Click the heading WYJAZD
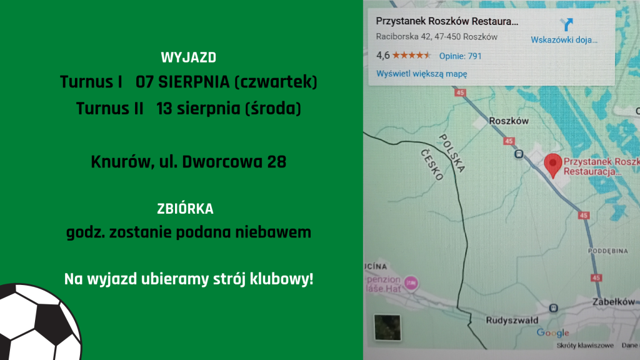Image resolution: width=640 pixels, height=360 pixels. tap(189, 57)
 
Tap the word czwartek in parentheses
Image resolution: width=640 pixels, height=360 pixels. tap(276, 82)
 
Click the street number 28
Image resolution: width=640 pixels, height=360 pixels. tap(277, 162)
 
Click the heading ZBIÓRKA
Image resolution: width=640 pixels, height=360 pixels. tap(185, 209)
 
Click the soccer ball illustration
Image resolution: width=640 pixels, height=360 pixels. tap(39, 322)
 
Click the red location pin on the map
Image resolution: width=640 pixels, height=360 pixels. tap(553, 164)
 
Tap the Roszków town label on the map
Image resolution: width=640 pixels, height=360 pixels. tap(509, 121)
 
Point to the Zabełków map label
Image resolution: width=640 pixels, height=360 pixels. tap(614, 302)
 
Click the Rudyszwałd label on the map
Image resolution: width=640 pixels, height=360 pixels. tap(512, 321)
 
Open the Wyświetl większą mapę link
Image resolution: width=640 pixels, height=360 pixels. tap(422, 74)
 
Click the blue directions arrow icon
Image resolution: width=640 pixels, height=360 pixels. tap(566, 24)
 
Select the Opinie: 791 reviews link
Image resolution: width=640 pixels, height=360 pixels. tap(461, 56)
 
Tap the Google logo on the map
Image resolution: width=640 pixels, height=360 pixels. tap(552, 332)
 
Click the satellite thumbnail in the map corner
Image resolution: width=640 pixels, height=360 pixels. tap(387, 327)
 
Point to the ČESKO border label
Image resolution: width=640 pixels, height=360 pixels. tap(432, 165)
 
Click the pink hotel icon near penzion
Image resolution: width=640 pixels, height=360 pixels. tap(411, 282)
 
